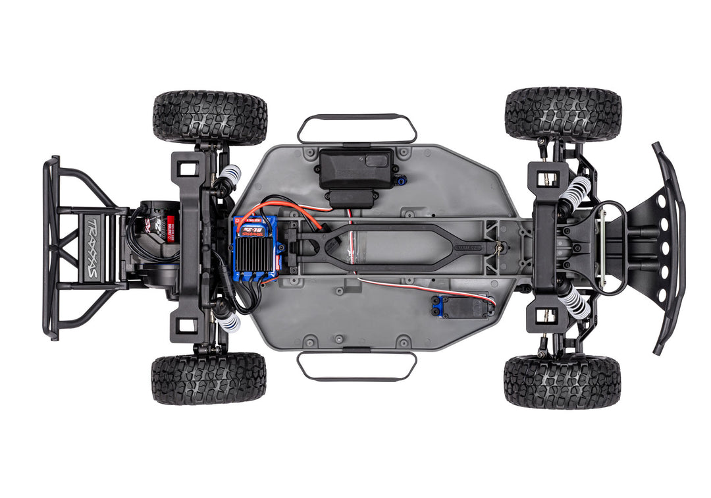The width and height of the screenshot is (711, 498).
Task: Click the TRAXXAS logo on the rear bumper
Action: pos(92,246)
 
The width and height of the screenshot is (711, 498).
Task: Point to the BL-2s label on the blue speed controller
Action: pos(250,231)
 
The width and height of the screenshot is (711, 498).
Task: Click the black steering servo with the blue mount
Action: pos(463,306)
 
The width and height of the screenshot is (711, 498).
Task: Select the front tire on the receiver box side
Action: pos(563,114)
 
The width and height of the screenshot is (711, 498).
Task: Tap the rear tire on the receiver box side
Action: pos(210,118)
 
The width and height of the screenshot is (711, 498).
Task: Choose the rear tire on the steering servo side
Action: pos(209,378)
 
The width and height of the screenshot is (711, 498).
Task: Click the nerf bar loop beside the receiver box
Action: pos(356,128)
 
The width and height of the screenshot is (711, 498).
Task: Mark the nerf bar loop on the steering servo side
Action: pos(356,366)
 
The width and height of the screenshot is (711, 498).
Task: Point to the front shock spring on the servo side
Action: pos(575,302)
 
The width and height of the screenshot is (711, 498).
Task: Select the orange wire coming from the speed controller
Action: pos(290,207)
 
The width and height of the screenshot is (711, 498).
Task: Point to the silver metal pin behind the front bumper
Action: pos(602,247)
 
